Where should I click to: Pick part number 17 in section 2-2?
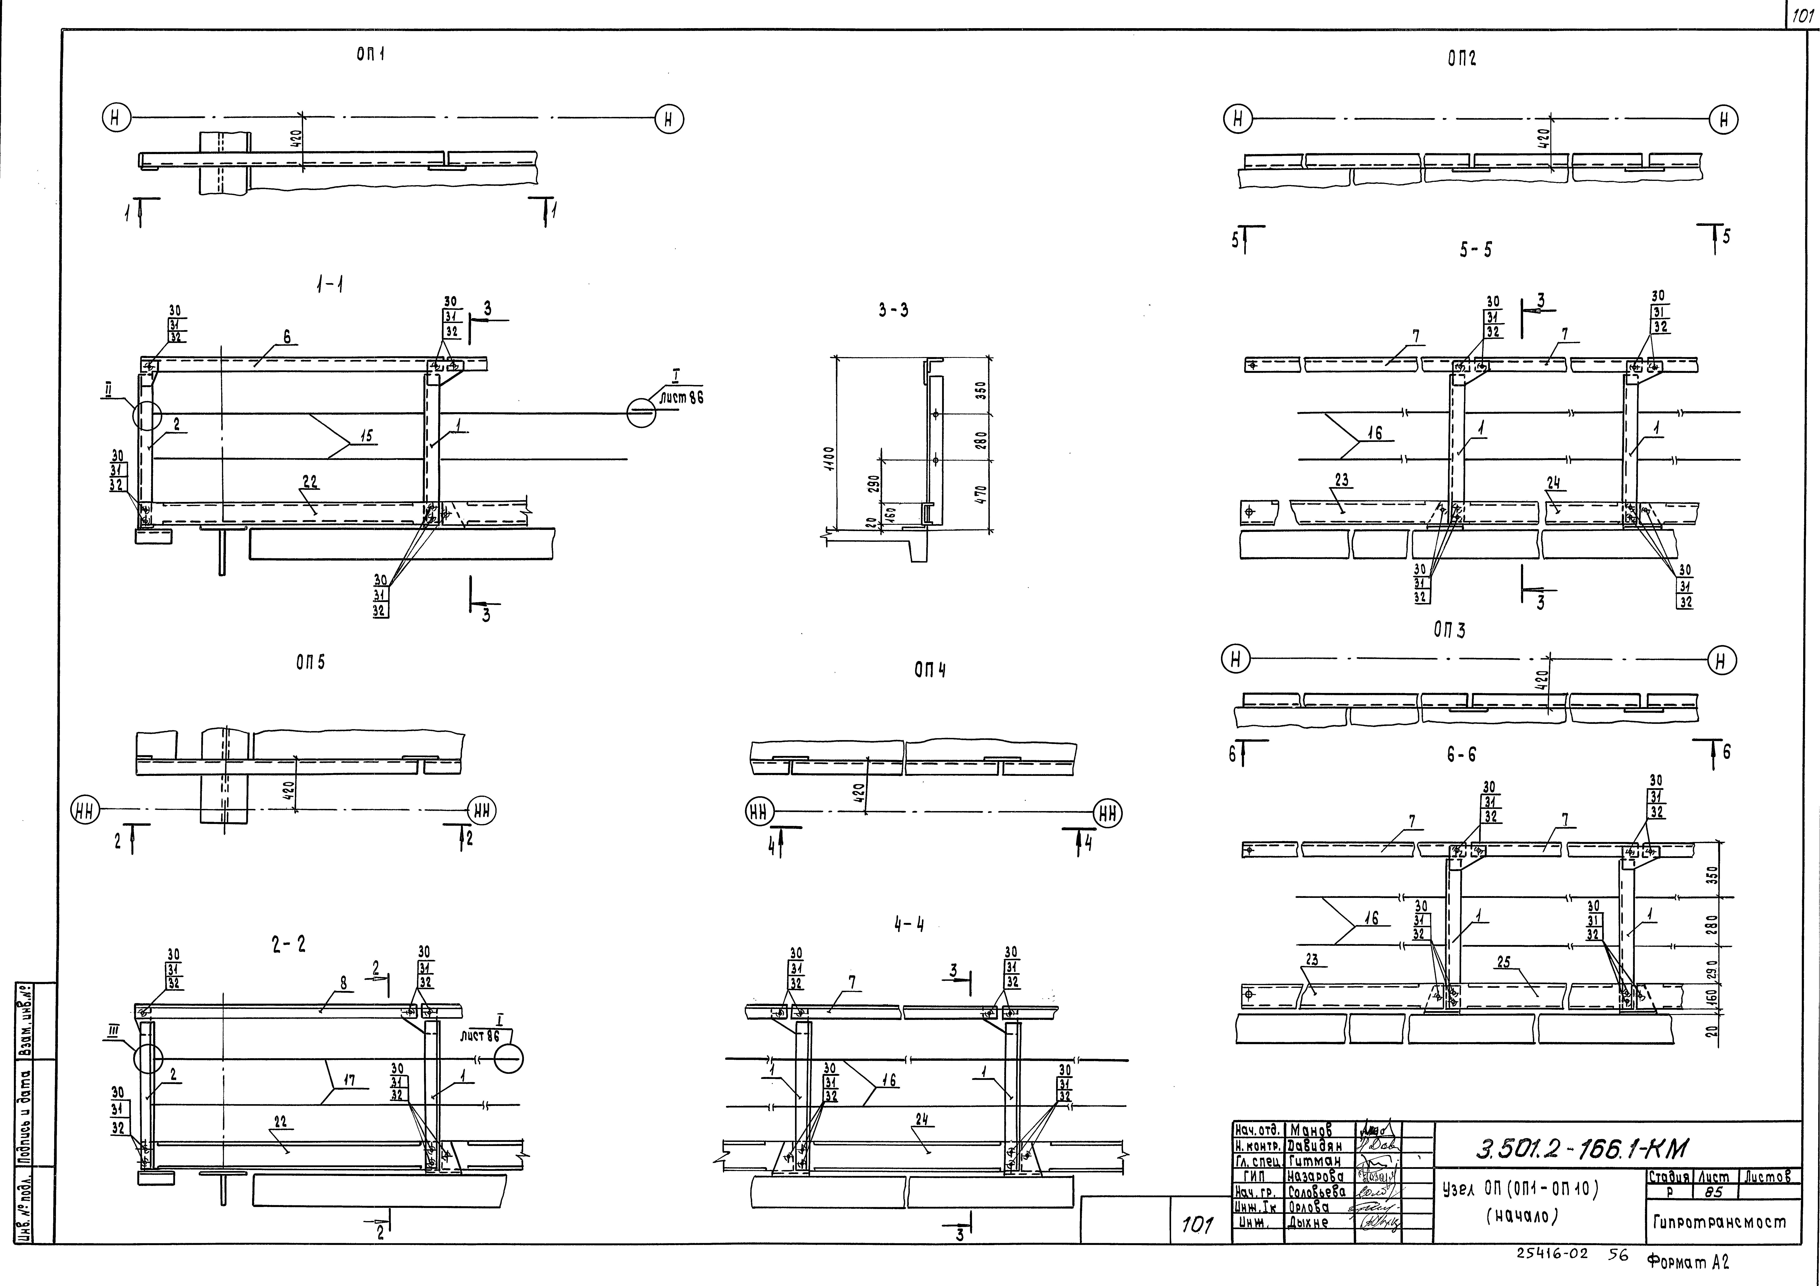coord(349,1079)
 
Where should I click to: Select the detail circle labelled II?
coord(147,414)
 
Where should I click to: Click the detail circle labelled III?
coord(148,1058)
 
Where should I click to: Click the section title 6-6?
coord(1461,755)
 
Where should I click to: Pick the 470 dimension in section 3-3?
coord(981,496)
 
